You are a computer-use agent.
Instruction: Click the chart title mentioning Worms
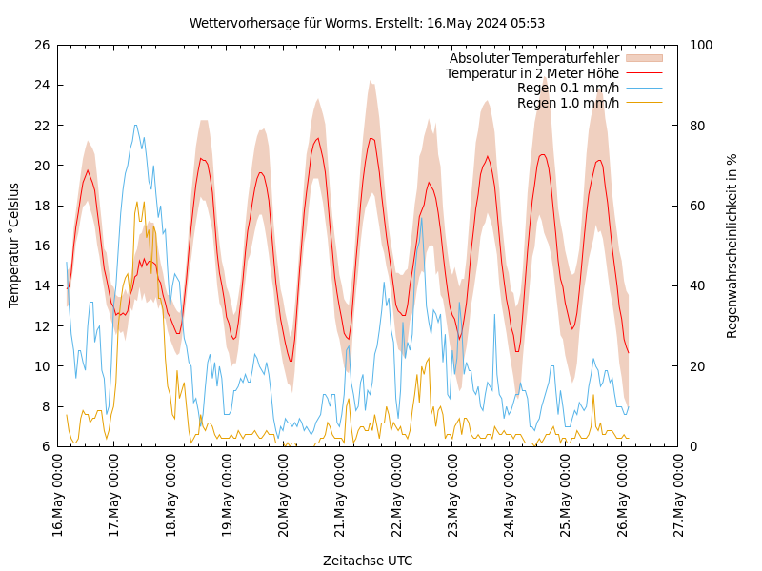click(x=367, y=23)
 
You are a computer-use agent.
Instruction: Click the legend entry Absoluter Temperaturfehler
click(x=533, y=58)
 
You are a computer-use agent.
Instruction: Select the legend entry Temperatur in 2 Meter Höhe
click(x=531, y=73)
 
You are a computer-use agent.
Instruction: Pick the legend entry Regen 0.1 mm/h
click(x=568, y=89)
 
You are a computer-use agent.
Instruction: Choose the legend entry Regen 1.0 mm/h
click(x=568, y=103)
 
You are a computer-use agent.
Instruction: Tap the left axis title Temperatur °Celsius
click(x=14, y=245)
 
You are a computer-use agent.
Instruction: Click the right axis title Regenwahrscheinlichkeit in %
click(x=732, y=245)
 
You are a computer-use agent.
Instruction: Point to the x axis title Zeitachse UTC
click(x=367, y=561)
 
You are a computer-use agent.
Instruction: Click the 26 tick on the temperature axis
click(x=41, y=45)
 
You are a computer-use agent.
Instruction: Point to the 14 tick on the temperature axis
click(x=41, y=285)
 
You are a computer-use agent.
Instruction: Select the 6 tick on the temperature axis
click(x=45, y=446)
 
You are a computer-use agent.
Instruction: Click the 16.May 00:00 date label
click(x=58, y=494)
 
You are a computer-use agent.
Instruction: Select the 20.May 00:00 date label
click(x=284, y=494)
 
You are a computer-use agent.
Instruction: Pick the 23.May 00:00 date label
click(x=452, y=494)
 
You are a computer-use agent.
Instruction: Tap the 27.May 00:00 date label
click(x=678, y=494)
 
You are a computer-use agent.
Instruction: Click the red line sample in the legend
click(x=643, y=73)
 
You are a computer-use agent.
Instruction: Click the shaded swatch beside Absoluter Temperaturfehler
click(x=643, y=58)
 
